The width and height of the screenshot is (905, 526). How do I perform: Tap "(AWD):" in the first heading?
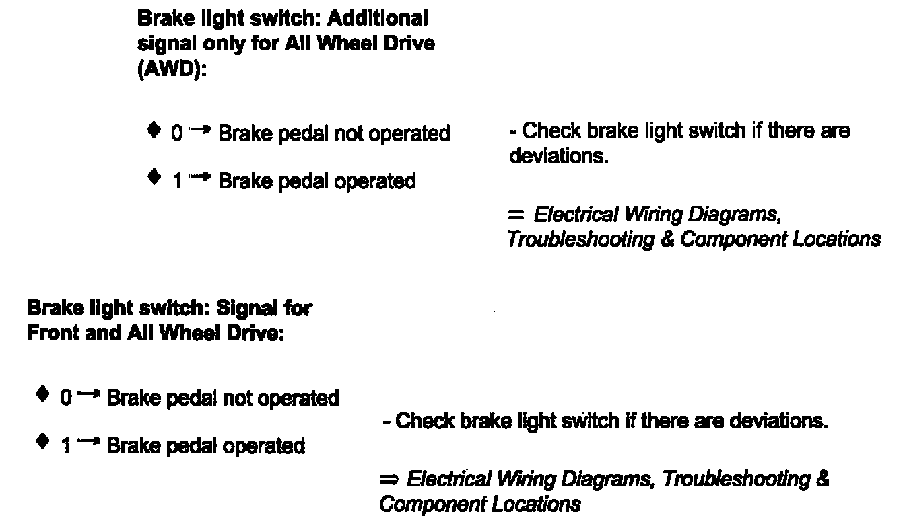point(171,70)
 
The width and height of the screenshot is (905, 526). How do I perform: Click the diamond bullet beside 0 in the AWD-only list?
point(154,129)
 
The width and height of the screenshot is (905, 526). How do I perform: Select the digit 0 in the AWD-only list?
point(176,134)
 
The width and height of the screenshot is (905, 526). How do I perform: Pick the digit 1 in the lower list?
point(65,445)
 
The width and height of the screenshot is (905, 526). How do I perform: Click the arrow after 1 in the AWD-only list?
point(200,177)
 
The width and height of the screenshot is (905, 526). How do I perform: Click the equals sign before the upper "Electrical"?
point(516,214)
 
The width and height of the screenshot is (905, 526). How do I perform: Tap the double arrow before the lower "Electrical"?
point(390,479)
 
